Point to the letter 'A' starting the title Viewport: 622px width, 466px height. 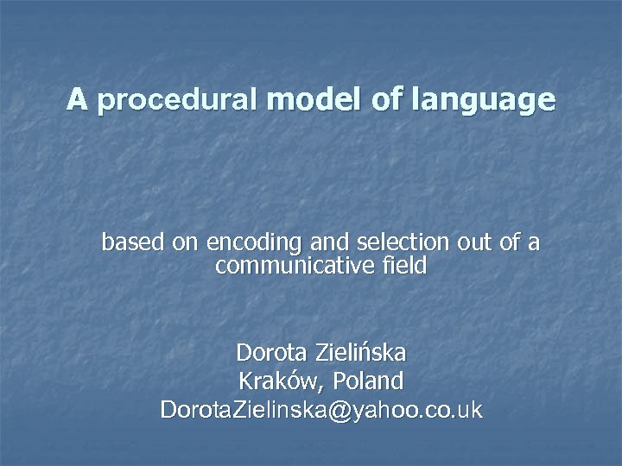click(77, 100)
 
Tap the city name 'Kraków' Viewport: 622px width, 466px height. click(276, 381)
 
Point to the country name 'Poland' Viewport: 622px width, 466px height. click(367, 381)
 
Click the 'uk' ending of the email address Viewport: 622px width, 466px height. click(470, 409)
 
